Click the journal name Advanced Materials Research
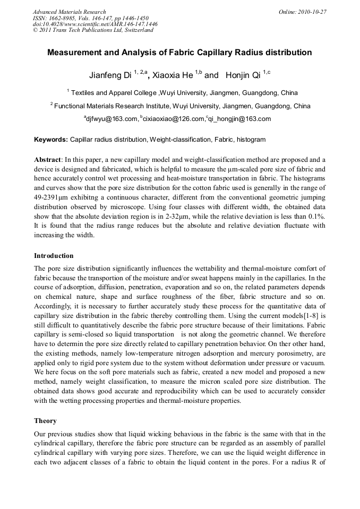69,12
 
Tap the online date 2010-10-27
312,12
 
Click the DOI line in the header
95,24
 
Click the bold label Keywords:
51,140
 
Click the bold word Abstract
47,160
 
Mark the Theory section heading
45,421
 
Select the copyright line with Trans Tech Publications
93,30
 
